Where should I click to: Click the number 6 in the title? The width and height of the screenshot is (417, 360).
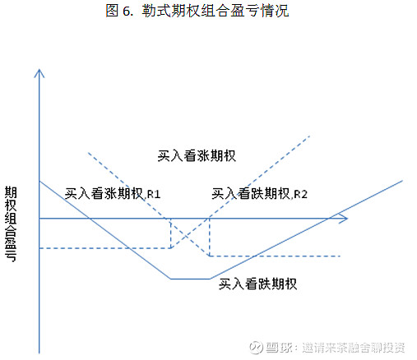point(127,11)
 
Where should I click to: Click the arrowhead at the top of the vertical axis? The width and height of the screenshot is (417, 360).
point(39,73)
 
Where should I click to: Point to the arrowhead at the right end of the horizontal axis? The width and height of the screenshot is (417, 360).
point(343,219)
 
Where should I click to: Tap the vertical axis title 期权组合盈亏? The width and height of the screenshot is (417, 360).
point(11,224)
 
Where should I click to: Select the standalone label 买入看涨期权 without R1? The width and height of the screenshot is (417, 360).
point(197,155)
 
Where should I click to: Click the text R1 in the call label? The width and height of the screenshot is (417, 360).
point(154,194)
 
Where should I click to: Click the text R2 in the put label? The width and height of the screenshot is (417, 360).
point(301,194)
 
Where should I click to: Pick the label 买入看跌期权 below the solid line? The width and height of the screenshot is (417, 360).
point(257,284)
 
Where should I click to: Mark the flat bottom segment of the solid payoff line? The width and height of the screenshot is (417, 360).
point(190,279)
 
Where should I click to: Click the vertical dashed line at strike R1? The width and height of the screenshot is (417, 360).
point(171,233)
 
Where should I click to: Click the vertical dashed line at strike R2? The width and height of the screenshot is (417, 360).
point(210,238)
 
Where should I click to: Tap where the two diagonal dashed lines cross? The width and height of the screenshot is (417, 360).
point(187,236)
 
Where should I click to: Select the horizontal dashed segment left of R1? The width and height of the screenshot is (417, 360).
point(105,248)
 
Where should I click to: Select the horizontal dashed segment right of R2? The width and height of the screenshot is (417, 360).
point(275,256)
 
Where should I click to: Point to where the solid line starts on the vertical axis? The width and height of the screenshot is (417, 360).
point(39,181)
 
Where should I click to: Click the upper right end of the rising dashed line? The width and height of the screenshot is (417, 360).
point(309,136)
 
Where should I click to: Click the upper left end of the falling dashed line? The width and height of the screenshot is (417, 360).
point(88,153)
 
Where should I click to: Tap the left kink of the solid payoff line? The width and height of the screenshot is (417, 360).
point(170,279)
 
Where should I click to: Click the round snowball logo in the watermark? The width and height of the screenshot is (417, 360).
point(255,348)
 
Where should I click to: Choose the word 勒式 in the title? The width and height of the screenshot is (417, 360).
point(156,11)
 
